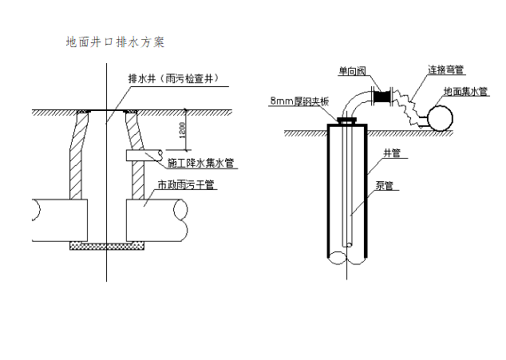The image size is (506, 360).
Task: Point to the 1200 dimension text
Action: click(183, 128)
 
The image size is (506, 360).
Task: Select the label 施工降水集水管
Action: click(200, 164)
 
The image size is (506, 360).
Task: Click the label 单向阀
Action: click(351, 72)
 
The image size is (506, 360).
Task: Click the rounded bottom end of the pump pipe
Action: click(347, 243)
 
